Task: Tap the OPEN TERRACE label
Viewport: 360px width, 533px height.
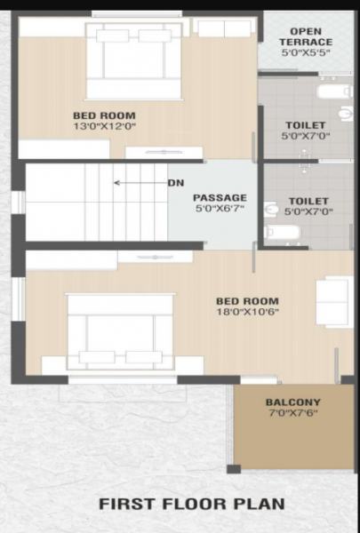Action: pos(306,36)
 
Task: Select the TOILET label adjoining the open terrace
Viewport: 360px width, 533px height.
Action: pos(306,125)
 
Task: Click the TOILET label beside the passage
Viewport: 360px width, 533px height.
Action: pos(306,201)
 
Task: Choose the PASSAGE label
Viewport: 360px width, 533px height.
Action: pos(220,197)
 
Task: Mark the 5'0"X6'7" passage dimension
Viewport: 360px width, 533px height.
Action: pos(219,210)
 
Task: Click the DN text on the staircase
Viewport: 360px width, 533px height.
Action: pos(176,183)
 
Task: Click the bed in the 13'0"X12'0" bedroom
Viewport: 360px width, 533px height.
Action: pos(133,59)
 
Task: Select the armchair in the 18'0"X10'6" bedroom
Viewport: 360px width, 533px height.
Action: pos(333,301)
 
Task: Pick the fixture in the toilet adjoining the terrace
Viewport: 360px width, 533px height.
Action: pos(334,90)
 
